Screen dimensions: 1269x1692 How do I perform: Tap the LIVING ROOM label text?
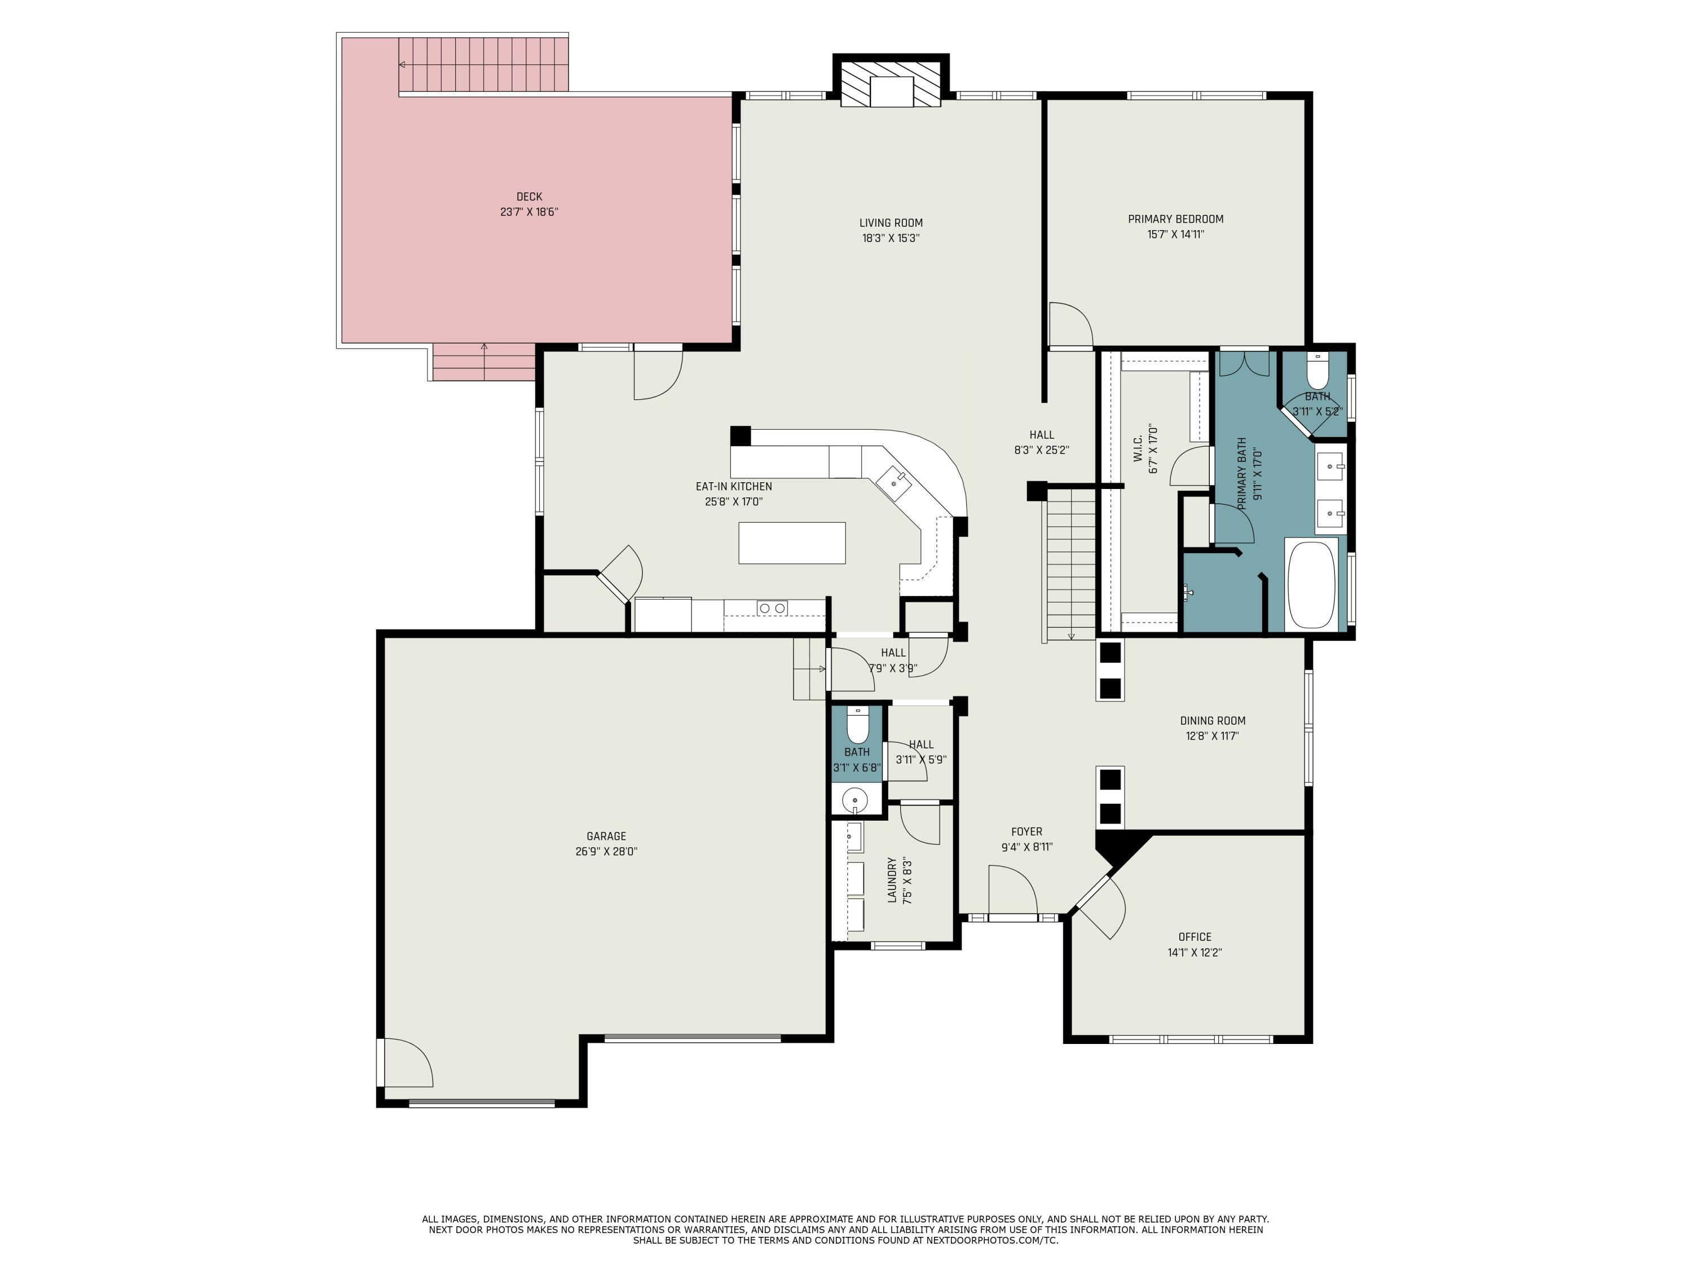coord(891,223)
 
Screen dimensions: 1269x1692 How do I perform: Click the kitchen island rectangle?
coord(792,543)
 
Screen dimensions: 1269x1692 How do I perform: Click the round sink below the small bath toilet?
coord(854,801)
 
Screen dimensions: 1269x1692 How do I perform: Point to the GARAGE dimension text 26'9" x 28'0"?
coord(606,851)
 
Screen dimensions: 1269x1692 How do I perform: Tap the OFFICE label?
coord(1194,936)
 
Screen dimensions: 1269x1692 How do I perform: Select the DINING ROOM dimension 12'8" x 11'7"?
coord(1213,736)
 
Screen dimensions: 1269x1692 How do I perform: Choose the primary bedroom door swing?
coord(1069,325)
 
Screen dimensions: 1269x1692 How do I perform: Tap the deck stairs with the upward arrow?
coord(483,362)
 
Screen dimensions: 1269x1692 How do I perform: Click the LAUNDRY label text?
coord(892,880)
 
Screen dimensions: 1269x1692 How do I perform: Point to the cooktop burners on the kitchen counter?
coord(772,608)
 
